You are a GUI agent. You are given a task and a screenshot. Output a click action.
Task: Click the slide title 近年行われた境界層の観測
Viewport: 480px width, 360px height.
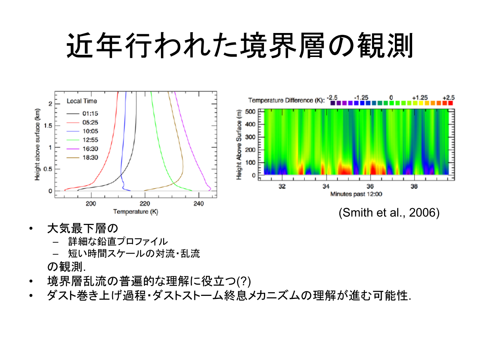point(240,45)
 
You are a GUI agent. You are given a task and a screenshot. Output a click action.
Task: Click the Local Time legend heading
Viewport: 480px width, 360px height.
point(82,101)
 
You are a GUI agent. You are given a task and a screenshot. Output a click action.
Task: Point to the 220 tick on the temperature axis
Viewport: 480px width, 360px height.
point(145,204)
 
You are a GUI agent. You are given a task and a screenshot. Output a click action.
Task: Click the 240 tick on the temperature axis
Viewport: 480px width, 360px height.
point(198,204)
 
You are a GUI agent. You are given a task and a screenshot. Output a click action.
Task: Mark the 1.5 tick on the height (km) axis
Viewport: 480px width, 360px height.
point(48,126)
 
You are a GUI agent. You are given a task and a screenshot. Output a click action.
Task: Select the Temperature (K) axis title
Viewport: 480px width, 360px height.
point(136,212)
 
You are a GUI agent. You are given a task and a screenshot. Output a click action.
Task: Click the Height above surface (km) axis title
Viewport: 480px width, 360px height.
point(37,144)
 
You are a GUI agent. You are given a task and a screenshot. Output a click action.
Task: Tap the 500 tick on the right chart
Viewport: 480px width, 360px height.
point(250,112)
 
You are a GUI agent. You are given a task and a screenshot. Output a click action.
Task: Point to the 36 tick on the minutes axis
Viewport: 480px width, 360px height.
point(370,186)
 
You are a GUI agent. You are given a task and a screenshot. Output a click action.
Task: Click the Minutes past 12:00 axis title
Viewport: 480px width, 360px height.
point(356,194)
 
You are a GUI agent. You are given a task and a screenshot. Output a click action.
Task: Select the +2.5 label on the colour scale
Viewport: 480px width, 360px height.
point(448,97)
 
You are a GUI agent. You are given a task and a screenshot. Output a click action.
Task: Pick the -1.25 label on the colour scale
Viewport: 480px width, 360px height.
point(361,97)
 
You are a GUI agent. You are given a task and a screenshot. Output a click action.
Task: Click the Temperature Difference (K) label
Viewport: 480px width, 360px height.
point(286,100)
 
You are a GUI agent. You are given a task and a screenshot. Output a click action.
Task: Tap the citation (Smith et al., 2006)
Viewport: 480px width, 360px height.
point(389,213)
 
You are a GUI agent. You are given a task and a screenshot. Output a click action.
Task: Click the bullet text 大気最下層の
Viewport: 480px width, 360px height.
point(82,228)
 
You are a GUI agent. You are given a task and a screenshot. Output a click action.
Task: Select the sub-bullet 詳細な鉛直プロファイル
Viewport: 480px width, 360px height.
point(118,241)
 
